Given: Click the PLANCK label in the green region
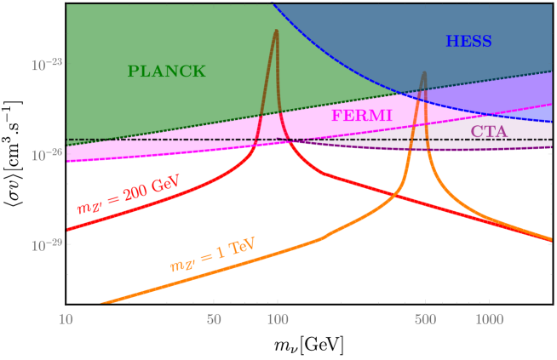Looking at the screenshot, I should [x=166, y=71].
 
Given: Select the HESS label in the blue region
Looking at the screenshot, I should [x=468, y=42].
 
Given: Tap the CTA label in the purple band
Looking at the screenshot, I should [x=489, y=131].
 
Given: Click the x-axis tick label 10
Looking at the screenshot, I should [x=66, y=319].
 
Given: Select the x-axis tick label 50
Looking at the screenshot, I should [x=215, y=319].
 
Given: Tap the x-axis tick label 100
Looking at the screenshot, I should [x=278, y=319].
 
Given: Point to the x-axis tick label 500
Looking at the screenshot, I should [x=426, y=319].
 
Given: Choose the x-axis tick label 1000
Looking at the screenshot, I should [x=488, y=319].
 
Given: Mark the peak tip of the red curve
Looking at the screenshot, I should [x=276, y=31].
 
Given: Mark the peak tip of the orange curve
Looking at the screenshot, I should [x=424, y=73].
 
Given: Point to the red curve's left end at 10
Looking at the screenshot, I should [x=67, y=230].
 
